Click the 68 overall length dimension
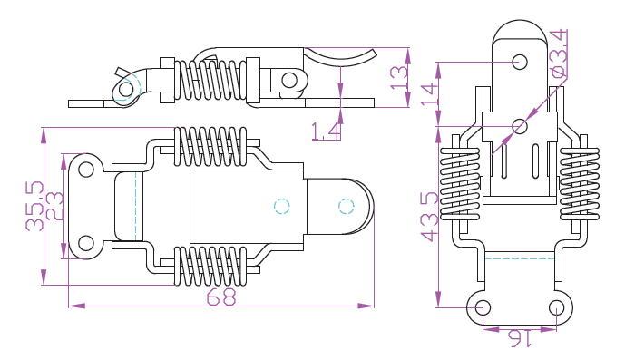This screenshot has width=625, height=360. [x=221, y=297]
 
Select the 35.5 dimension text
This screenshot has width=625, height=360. [x=34, y=206]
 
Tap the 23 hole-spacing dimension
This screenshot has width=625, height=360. [x=54, y=206]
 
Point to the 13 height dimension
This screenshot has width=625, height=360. [x=400, y=77]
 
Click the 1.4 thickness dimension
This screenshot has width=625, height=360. [x=326, y=131]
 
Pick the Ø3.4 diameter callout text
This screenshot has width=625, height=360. [x=559, y=54]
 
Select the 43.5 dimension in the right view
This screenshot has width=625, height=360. [x=430, y=217]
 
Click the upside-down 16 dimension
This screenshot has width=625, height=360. [x=520, y=338]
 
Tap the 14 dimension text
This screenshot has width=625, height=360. [x=430, y=94]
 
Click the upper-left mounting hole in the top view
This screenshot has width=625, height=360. [x=85, y=170]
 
